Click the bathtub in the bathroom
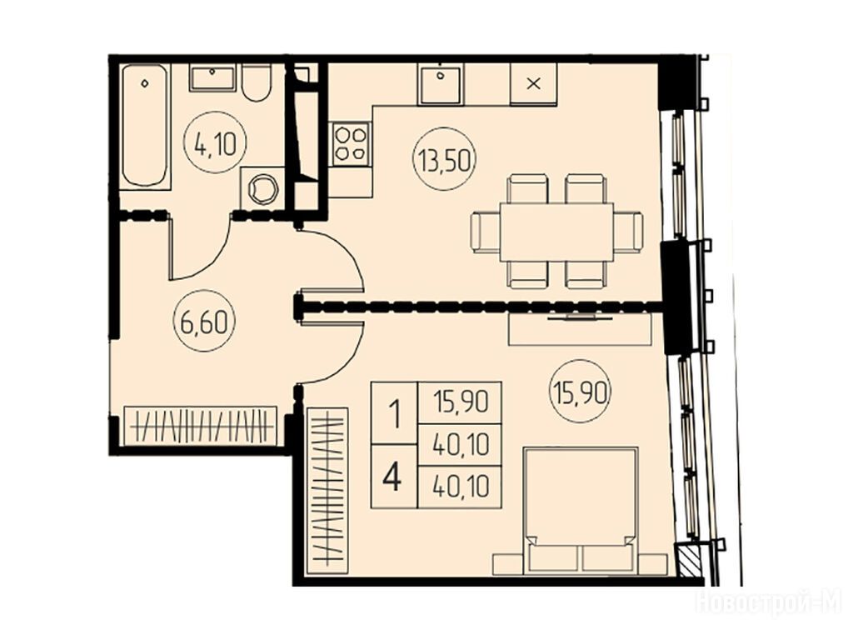[145, 127]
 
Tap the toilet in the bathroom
[257, 82]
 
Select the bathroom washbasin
[212, 77]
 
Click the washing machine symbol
[262, 187]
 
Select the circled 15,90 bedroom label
[581, 391]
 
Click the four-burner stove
[351, 142]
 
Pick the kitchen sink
[440, 84]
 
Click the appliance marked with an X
[534, 84]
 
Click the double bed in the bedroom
[580, 511]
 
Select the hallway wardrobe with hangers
[200, 426]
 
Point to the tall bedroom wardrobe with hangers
[327, 490]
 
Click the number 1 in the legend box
[394, 413]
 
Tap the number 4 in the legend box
[392, 477]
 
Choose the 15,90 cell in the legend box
[460, 402]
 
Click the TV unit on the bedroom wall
[580, 328]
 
